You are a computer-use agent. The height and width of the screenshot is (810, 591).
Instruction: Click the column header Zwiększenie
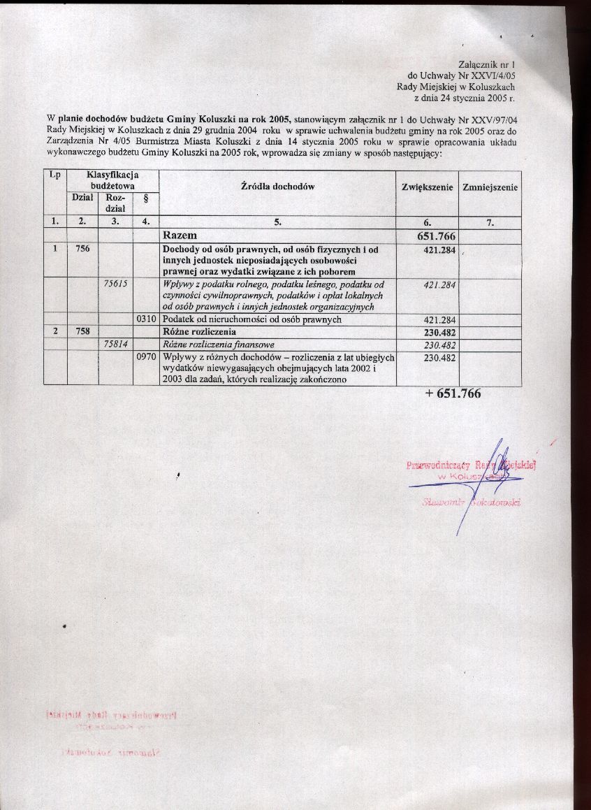click(428, 187)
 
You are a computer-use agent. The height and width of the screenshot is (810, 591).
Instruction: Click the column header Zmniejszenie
click(490, 187)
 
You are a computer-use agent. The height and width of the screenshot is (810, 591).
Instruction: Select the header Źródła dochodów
click(277, 187)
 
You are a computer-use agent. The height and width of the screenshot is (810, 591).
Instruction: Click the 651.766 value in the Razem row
click(435, 237)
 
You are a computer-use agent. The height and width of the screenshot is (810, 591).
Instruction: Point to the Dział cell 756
click(82, 249)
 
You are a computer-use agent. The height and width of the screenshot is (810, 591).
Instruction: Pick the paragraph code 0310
click(145, 319)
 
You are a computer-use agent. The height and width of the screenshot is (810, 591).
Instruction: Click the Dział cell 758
click(82, 331)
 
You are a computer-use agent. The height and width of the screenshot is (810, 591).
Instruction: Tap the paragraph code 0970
click(145, 357)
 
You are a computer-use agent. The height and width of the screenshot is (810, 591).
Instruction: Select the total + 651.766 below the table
click(453, 394)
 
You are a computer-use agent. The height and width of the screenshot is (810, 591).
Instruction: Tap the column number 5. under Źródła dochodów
click(277, 223)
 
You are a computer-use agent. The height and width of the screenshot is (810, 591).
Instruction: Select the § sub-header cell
click(145, 199)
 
